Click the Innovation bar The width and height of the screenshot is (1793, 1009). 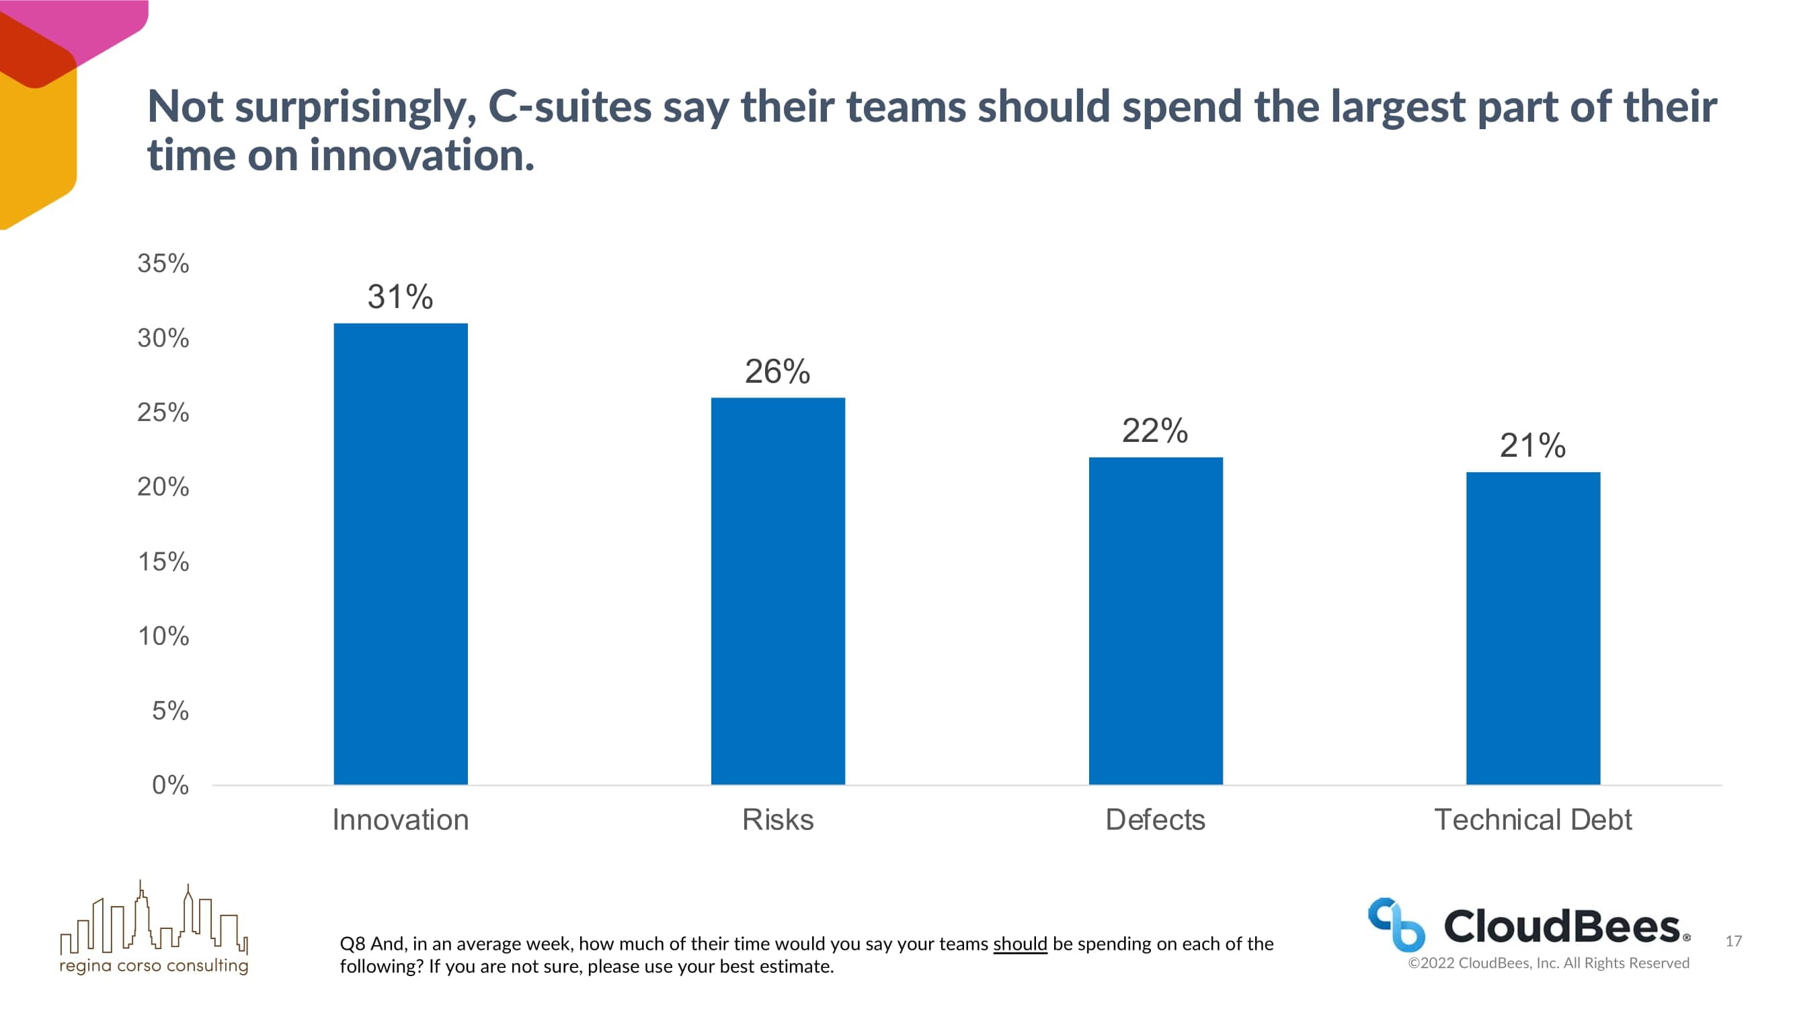pyautogui.click(x=400, y=554)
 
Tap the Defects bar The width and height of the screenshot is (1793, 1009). pyautogui.click(x=1156, y=620)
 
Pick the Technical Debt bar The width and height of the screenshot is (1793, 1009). pyautogui.click(x=1533, y=628)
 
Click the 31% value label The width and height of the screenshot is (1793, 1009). pyautogui.click(x=400, y=297)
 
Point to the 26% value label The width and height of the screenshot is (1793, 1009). pyautogui.click(x=777, y=371)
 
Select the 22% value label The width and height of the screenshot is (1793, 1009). pyautogui.click(x=1155, y=431)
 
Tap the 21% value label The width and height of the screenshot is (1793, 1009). pyautogui.click(x=1533, y=446)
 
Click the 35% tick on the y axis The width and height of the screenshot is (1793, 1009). pyautogui.click(x=163, y=263)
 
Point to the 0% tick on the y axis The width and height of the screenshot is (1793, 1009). pyautogui.click(x=170, y=785)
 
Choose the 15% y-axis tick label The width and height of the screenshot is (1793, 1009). pyautogui.click(x=163, y=561)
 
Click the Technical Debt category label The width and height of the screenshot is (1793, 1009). pyautogui.click(x=1533, y=819)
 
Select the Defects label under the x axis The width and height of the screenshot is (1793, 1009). pyautogui.click(x=1155, y=819)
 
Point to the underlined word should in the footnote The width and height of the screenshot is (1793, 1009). pyautogui.click(x=1020, y=944)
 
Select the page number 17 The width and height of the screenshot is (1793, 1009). pyautogui.click(x=1733, y=941)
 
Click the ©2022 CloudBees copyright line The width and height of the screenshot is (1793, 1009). pyautogui.click(x=1548, y=963)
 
